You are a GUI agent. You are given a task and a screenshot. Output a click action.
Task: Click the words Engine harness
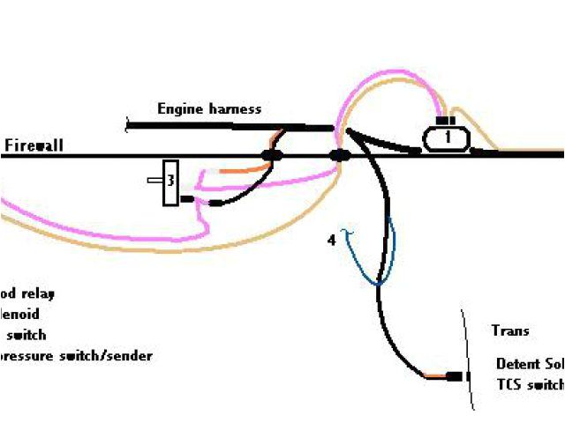[209, 109]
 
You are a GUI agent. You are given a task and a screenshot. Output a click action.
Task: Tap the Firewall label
[34, 145]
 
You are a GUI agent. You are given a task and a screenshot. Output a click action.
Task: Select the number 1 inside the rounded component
[448, 137]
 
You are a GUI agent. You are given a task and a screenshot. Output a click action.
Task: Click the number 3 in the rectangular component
[171, 182]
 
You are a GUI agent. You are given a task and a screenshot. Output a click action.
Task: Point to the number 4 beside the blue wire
[332, 239]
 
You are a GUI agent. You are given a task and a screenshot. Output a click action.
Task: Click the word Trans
[510, 331]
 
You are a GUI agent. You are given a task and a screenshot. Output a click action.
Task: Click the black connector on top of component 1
[446, 121]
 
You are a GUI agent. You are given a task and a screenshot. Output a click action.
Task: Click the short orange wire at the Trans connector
[435, 376]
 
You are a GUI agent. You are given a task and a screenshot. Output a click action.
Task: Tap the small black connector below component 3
[187, 200]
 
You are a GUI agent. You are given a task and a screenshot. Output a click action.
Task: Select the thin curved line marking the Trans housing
[467, 361]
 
